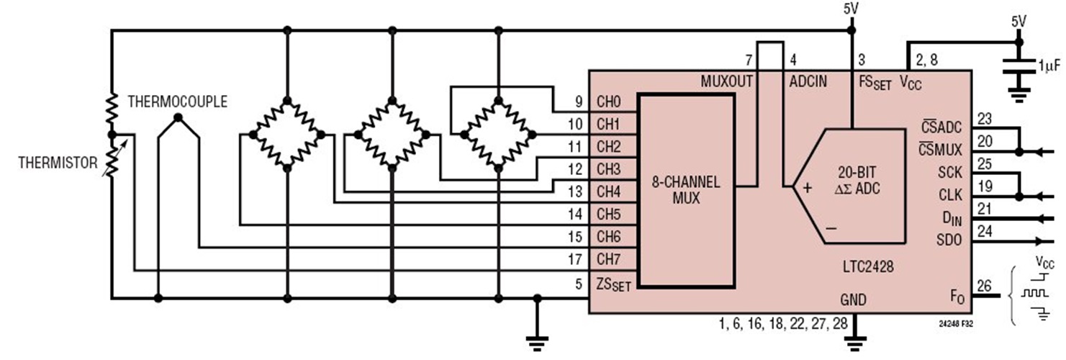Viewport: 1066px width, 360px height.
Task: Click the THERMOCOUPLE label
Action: [x=177, y=102]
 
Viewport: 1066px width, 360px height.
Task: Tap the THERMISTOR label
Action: [x=58, y=163]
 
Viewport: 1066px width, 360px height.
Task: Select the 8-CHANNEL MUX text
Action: [x=687, y=191]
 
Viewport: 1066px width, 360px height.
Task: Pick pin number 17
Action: [x=575, y=259]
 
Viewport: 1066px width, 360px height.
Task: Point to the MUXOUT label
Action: [x=727, y=82]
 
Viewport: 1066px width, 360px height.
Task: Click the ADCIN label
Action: [x=808, y=82]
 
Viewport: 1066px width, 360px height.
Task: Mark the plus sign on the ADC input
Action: [x=807, y=188]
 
